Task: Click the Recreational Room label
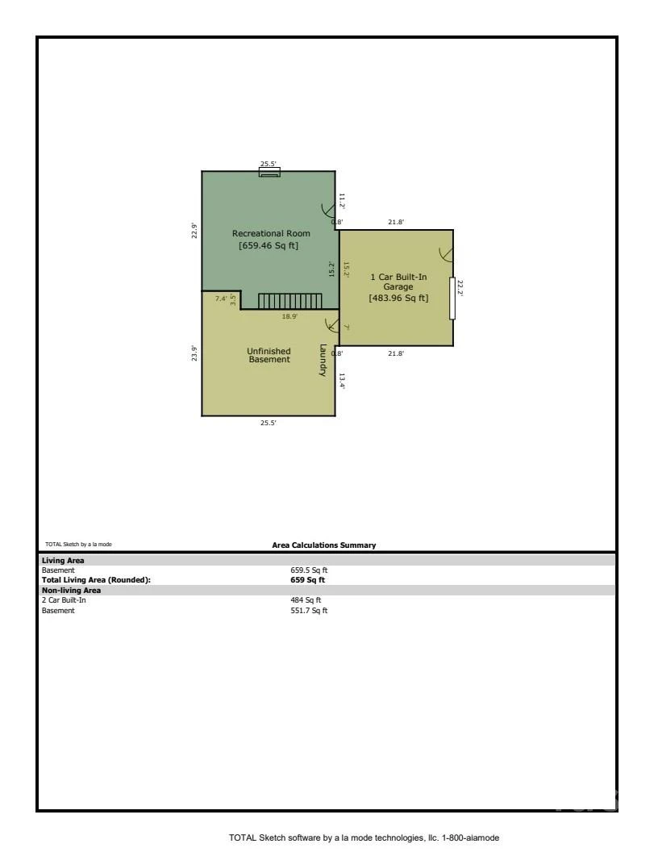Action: pyautogui.click(x=271, y=239)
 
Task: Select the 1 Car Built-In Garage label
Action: pyautogui.click(x=398, y=287)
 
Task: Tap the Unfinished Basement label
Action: pyautogui.click(x=269, y=355)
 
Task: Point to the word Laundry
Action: pyautogui.click(x=323, y=360)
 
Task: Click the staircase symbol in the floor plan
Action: pyautogui.click(x=290, y=301)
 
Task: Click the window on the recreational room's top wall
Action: pyautogui.click(x=269, y=172)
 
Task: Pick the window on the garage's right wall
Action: pyautogui.click(x=452, y=298)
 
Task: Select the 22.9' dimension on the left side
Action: pyautogui.click(x=194, y=231)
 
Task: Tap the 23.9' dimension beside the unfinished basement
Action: pyautogui.click(x=194, y=353)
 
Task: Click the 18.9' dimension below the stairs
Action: pyautogui.click(x=289, y=316)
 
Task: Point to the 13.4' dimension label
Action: pyautogui.click(x=342, y=381)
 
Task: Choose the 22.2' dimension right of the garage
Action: pyautogui.click(x=460, y=288)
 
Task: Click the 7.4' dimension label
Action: pyautogui.click(x=221, y=299)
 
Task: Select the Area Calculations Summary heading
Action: pyautogui.click(x=323, y=545)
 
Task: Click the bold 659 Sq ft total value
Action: pyautogui.click(x=308, y=580)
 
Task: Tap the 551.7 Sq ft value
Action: pyautogui.click(x=309, y=610)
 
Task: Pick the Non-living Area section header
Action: pyautogui.click(x=71, y=590)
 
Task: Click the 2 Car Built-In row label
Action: pyautogui.click(x=64, y=600)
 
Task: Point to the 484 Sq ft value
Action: pyautogui.click(x=306, y=600)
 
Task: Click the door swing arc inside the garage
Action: pyautogui.click(x=445, y=254)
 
